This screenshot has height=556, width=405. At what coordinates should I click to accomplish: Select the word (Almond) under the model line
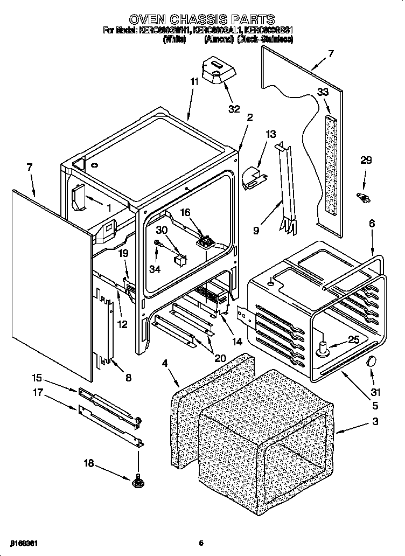pyautogui.click(x=219, y=39)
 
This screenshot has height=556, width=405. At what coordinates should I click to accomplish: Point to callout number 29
pyautogui.click(x=366, y=161)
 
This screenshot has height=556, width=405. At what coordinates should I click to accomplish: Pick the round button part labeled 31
pyautogui.click(x=371, y=362)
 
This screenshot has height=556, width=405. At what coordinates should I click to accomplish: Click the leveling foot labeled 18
pyautogui.click(x=137, y=478)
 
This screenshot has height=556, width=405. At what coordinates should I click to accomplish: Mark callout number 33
pyautogui.click(x=323, y=92)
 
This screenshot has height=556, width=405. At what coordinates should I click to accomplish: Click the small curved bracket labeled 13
pyautogui.click(x=250, y=178)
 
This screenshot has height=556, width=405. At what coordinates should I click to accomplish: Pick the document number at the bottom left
pyautogui.click(x=23, y=543)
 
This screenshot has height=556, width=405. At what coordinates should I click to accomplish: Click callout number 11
pyautogui.click(x=194, y=82)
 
